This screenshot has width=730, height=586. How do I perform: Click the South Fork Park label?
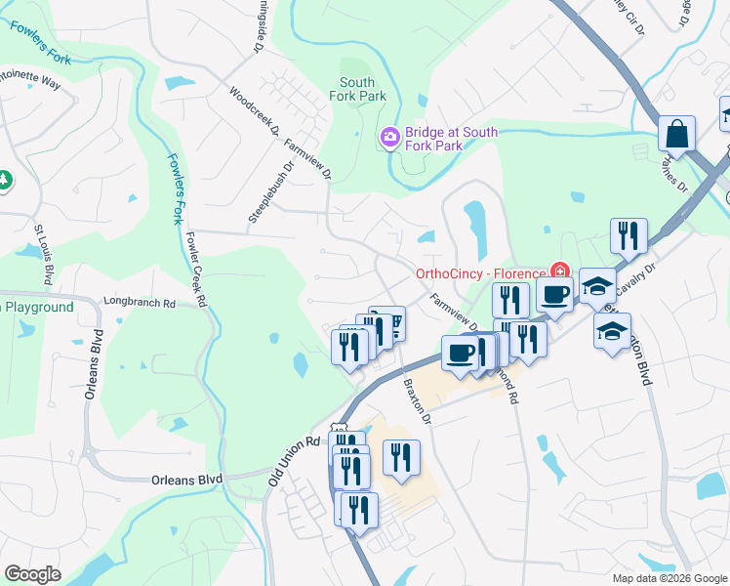click(362, 89)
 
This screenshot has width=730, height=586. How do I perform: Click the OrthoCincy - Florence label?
click(479, 272)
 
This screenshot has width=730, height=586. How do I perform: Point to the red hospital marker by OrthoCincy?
click(559, 271)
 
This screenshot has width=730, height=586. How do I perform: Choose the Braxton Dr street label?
click(418, 398)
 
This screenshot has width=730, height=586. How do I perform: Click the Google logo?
click(33, 574)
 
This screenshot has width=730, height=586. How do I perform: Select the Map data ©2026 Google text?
click(669, 578)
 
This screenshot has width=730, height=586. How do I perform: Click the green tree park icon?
click(4, 180)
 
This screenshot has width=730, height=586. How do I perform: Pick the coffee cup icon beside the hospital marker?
click(554, 294)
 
